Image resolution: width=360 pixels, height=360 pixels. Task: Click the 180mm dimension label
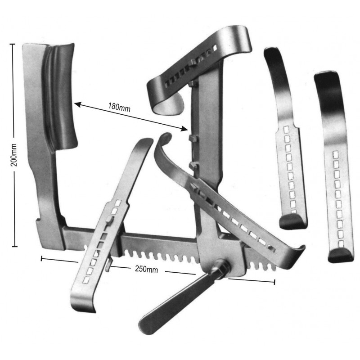coord(119,107)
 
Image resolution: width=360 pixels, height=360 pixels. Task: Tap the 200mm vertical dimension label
coord(14,155)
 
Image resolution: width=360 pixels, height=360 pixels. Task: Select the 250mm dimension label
coord(147,269)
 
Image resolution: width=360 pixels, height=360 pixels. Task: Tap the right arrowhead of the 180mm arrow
coord(184,129)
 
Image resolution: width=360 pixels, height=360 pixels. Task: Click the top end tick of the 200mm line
coord(13,44)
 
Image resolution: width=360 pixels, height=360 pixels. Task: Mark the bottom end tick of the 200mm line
coord(14,246)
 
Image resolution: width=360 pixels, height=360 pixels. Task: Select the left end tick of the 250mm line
coord(41,258)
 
